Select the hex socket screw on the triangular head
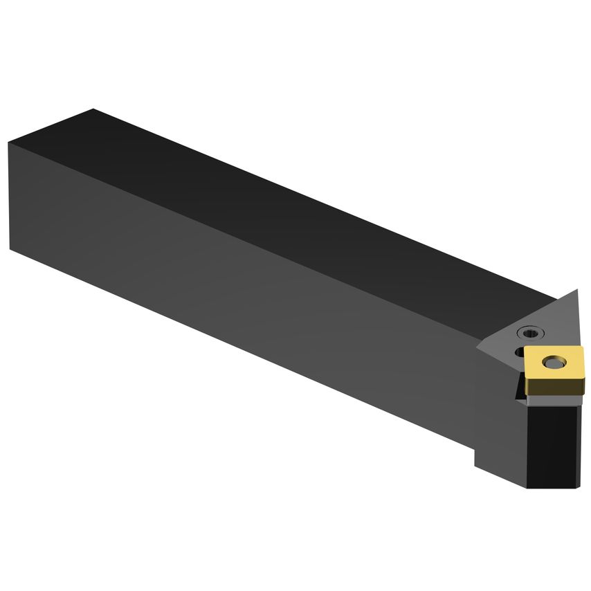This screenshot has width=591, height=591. pos(530,332)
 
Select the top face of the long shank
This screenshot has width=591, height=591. pos(277,201)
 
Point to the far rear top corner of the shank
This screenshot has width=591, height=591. pos(93,109)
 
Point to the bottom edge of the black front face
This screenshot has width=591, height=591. pos(554,487)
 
